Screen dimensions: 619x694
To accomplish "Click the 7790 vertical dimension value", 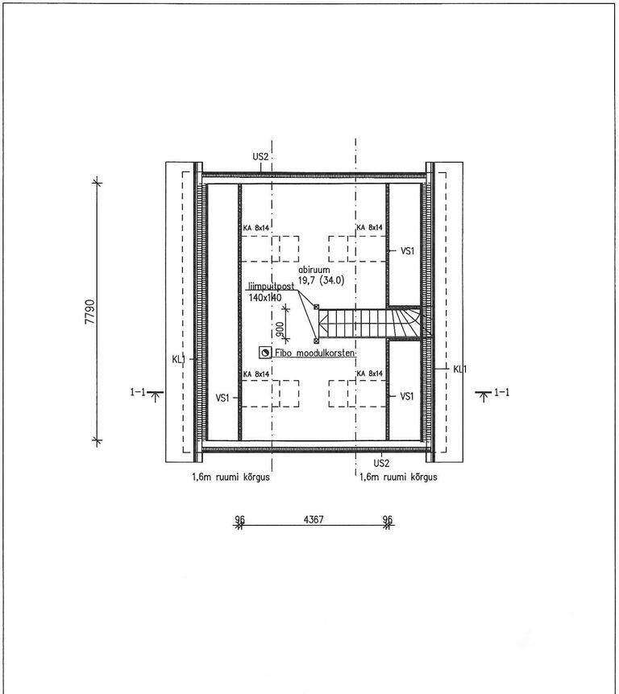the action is tap(90, 312).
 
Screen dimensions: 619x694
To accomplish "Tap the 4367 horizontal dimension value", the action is tap(314, 519).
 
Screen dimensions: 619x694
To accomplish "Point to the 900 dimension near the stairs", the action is tap(280, 329).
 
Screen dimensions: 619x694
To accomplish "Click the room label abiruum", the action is tap(314, 270).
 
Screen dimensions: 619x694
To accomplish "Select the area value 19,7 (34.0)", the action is tap(321, 280).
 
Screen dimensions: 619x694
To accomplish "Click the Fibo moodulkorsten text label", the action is tap(314, 353).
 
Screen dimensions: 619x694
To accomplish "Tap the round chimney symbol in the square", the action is tap(265, 353).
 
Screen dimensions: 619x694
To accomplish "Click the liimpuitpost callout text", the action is tap(270, 287).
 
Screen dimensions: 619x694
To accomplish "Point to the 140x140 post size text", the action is tap(265, 297).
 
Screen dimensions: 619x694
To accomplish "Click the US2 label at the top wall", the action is tap(260, 157).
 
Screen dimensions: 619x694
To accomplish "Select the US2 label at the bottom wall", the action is tap(381, 464).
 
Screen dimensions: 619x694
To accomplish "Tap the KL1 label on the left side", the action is tap(178, 359).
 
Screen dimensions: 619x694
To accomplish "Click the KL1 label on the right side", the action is tap(460, 369).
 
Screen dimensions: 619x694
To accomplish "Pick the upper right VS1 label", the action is tap(408, 251).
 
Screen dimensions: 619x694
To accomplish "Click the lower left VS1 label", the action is tap(222, 398).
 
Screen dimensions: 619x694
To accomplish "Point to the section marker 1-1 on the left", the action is tap(138, 392).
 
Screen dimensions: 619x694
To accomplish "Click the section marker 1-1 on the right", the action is tap(501, 392).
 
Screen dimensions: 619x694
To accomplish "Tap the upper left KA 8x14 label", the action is tap(256, 228).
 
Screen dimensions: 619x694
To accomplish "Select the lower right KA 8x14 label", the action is tap(369, 374).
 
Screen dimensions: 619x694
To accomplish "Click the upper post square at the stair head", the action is tap(317, 307).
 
